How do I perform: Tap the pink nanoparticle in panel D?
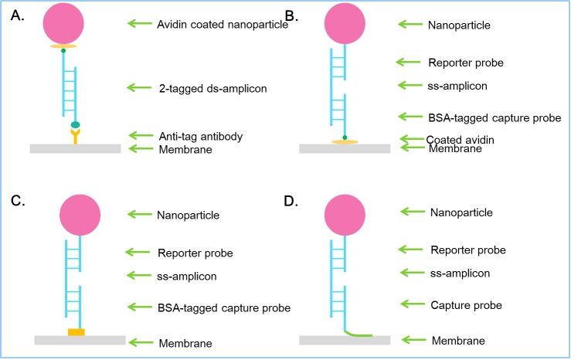coord(345,214)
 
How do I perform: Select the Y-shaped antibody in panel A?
coord(75,137)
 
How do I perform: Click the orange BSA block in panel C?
coord(76,331)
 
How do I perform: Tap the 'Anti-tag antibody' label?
coord(201,136)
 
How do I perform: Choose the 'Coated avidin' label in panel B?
coord(461,139)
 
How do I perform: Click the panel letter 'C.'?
coord(19,203)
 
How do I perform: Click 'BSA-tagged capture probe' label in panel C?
coord(223,307)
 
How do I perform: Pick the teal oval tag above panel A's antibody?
coord(75,124)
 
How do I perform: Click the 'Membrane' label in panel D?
coord(458,341)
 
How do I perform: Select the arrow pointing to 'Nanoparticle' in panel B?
coord(410,25)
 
